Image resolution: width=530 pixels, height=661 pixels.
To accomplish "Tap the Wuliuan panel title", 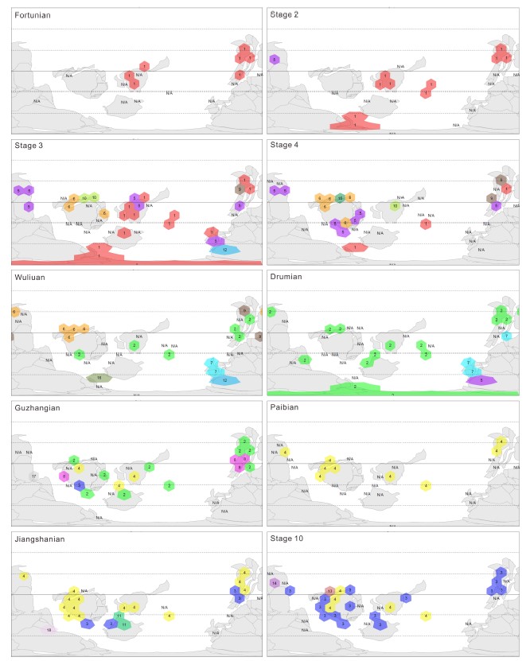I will coord(30,277).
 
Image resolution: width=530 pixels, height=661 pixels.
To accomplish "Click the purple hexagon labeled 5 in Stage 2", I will coord(274,60).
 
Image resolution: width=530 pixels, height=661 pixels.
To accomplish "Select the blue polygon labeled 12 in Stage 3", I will coord(226,250).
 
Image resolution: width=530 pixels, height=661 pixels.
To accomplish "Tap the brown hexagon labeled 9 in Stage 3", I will coord(239,189).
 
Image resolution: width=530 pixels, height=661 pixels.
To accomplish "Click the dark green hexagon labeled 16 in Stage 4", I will coord(340,197).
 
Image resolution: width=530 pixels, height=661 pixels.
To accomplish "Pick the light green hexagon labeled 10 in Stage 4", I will coord(395,205).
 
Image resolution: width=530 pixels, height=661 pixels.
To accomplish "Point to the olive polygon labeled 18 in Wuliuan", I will coord(99,378).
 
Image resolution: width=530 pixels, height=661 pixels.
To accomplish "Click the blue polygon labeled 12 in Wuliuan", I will coord(226,380).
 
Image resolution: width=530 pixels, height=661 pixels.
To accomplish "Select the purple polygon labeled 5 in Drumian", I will coord(481,381).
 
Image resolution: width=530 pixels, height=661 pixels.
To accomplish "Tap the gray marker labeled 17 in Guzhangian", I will coord(33,476).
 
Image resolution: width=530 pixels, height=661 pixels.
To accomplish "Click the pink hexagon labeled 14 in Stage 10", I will coord(274,583).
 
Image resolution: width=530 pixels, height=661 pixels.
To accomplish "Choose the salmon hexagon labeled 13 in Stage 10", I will coord(329,591).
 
